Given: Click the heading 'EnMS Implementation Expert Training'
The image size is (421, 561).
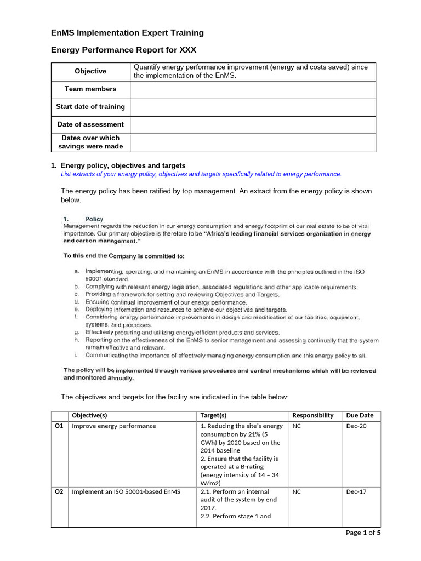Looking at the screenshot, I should [x=127, y=33].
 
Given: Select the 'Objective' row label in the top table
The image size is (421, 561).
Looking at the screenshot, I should [x=90, y=71].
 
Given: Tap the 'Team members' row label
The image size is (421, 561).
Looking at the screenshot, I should [x=90, y=89].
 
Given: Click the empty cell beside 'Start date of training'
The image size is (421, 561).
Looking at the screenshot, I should [x=253, y=107].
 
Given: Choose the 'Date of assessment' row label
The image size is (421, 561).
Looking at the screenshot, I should [x=90, y=124].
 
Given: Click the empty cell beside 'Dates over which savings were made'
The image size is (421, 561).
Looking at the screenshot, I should [x=253, y=142].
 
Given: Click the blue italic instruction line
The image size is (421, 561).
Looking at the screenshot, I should [x=201, y=174].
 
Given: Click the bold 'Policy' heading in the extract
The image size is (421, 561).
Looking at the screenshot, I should [x=94, y=219].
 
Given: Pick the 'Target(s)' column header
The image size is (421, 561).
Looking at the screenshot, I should [x=214, y=415].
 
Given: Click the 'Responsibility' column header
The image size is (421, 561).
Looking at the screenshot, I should [x=312, y=415].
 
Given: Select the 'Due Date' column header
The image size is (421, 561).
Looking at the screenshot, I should [x=360, y=415].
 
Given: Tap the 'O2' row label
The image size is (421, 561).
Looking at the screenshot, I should [x=59, y=492].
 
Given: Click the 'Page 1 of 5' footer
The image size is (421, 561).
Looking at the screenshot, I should [x=362, y=533].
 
